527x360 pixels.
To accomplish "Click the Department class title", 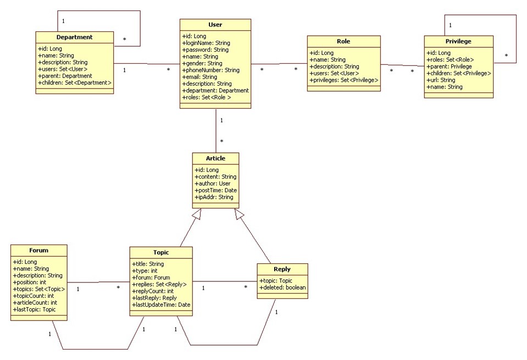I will [74, 37].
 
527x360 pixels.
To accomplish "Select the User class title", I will [215, 25].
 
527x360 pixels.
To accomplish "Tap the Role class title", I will [343, 41].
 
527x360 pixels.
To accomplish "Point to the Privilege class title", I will [458, 41].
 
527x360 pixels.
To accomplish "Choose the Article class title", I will [215, 158].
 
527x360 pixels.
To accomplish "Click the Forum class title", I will [38, 251].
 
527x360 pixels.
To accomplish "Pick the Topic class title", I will [161, 252].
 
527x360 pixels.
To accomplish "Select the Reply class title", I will [282, 269].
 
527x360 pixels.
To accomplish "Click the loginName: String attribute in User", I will [206, 43].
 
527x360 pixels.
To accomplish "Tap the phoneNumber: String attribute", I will [210, 70].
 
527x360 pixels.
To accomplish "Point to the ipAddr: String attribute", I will [214, 197].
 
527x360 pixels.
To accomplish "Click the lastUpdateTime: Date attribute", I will [161, 304].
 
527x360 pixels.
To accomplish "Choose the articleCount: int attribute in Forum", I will [36, 302].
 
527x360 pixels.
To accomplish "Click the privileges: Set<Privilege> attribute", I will [343, 80].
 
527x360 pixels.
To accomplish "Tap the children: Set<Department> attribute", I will [74, 83].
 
